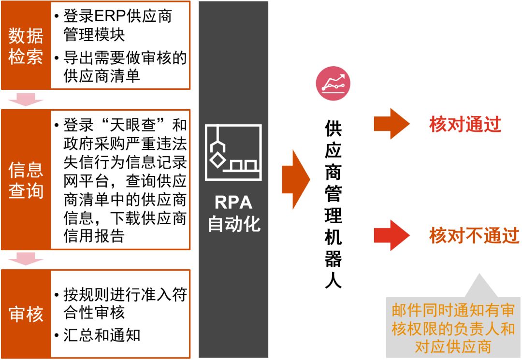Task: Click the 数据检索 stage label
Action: tap(26, 46)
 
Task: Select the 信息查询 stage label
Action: tap(26, 180)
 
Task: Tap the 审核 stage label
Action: tap(26, 315)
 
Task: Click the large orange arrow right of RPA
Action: tap(295, 179)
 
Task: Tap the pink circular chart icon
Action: tap(333, 83)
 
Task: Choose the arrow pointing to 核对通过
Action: tap(391, 124)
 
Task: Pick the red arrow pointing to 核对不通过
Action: tap(391, 235)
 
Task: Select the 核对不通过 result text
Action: tap(474, 236)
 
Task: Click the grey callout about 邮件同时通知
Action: tap(453, 328)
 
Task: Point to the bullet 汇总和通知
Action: tap(101, 334)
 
